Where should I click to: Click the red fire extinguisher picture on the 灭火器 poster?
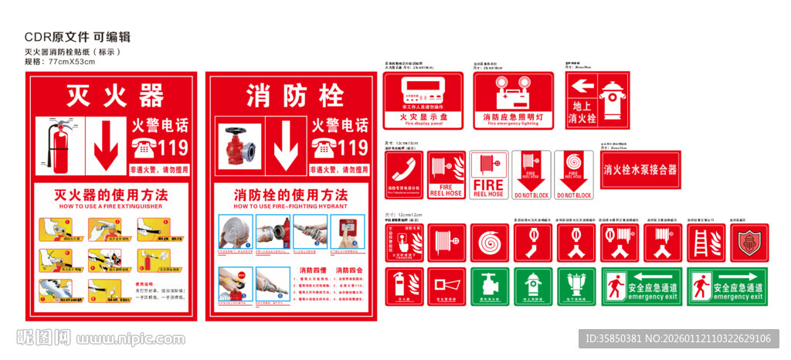click(59, 148)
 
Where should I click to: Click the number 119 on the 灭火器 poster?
click(171, 147)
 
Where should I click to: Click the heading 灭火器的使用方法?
click(107, 194)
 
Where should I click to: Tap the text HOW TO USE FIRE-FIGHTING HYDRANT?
click(290, 207)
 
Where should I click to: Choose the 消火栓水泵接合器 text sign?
click(640, 169)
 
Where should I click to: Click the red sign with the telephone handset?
click(403, 175)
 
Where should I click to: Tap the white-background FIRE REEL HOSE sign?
click(488, 175)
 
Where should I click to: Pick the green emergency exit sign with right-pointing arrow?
click(728, 287)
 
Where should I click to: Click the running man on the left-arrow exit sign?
click(616, 286)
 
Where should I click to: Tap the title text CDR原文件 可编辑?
click(77, 36)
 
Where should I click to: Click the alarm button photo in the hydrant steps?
click(344, 231)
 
